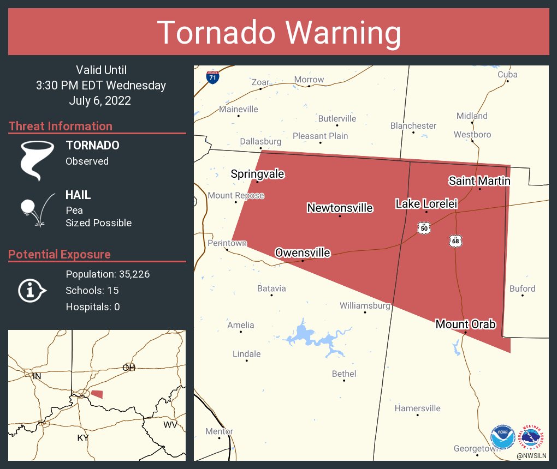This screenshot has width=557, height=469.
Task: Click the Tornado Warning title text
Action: pyautogui.click(x=278, y=32)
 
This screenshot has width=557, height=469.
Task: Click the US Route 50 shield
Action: pyautogui.click(x=424, y=228)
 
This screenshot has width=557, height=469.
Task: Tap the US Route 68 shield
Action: pyautogui.click(x=456, y=240)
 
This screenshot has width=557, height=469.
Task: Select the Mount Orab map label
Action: pyautogui.click(x=465, y=324)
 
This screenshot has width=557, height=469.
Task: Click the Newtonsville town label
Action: pyautogui.click(x=340, y=208)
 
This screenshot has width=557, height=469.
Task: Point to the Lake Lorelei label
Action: pyautogui.click(x=426, y=203)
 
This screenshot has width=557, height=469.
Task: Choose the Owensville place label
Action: pyautogui.click(x=303, y=252)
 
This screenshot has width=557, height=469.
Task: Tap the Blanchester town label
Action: pyautogui.click(x=413, y=126)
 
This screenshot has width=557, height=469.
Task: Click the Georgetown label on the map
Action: pyautogui.click(x=476, y=449)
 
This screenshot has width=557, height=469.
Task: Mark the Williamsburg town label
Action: pyautogui.click(x=365, y=306)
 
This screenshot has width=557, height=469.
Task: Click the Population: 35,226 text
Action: pyautogui.click(x=108, y=274)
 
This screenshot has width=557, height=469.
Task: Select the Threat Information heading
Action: pyautogui.click(x=60, y=126)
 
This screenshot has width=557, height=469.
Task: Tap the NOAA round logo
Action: pyautogui.click(x=503, y=437)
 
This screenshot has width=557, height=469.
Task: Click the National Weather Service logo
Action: pyautogui.click(x=532, y=437)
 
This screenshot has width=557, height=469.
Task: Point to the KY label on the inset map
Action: pyautogui.click(x=82, y=438)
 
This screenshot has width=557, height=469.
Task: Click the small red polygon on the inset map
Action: pyautogui.click(x=97, y=394)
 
